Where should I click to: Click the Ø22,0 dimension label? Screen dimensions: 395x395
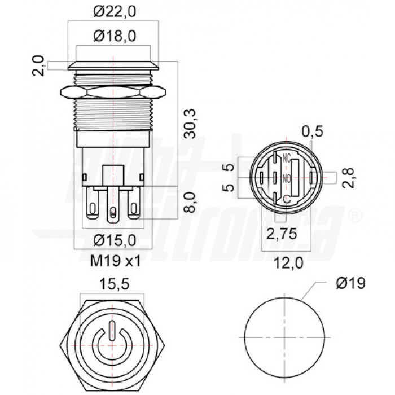tap(115, 11)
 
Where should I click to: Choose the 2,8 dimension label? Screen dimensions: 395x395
tap(352, 178)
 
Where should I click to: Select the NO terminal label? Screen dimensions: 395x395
tap(286, 179)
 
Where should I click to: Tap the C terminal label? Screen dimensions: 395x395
tap(286, 198)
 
